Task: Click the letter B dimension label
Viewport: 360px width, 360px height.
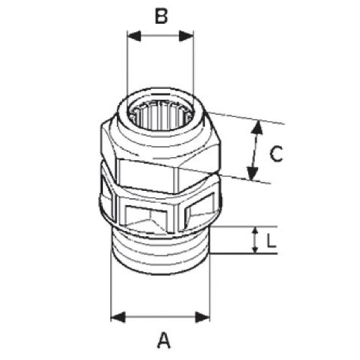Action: point(161,16)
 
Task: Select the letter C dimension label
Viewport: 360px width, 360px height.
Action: point(276,154)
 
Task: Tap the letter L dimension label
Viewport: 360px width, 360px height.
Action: point(271,241)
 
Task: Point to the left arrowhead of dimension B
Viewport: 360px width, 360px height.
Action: point(134,37)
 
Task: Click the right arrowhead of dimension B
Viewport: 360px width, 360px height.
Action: point(186,37)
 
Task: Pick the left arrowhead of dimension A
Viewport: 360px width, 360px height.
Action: point(118,318)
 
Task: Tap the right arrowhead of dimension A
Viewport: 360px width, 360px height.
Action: point(203,318)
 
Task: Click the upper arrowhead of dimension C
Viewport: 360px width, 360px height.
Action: point(258,127)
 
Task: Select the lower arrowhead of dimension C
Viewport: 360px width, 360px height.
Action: point(253,174)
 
